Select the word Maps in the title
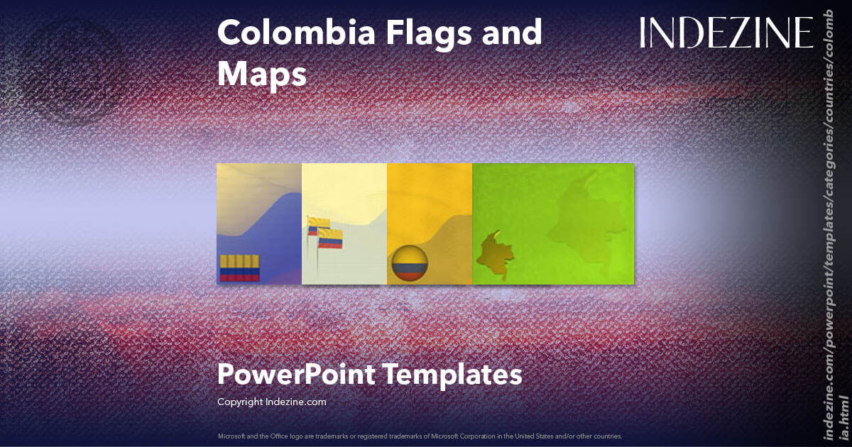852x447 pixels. (262, 73)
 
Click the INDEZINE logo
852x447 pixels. (726, 33)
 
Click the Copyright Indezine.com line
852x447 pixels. (271, 402)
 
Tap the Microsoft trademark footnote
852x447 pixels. (420, 436)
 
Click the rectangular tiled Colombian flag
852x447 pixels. (240, 267)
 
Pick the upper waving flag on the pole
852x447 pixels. (317, 226)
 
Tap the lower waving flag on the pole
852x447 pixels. (331, 238)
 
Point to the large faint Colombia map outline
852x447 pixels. (589, 220)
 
